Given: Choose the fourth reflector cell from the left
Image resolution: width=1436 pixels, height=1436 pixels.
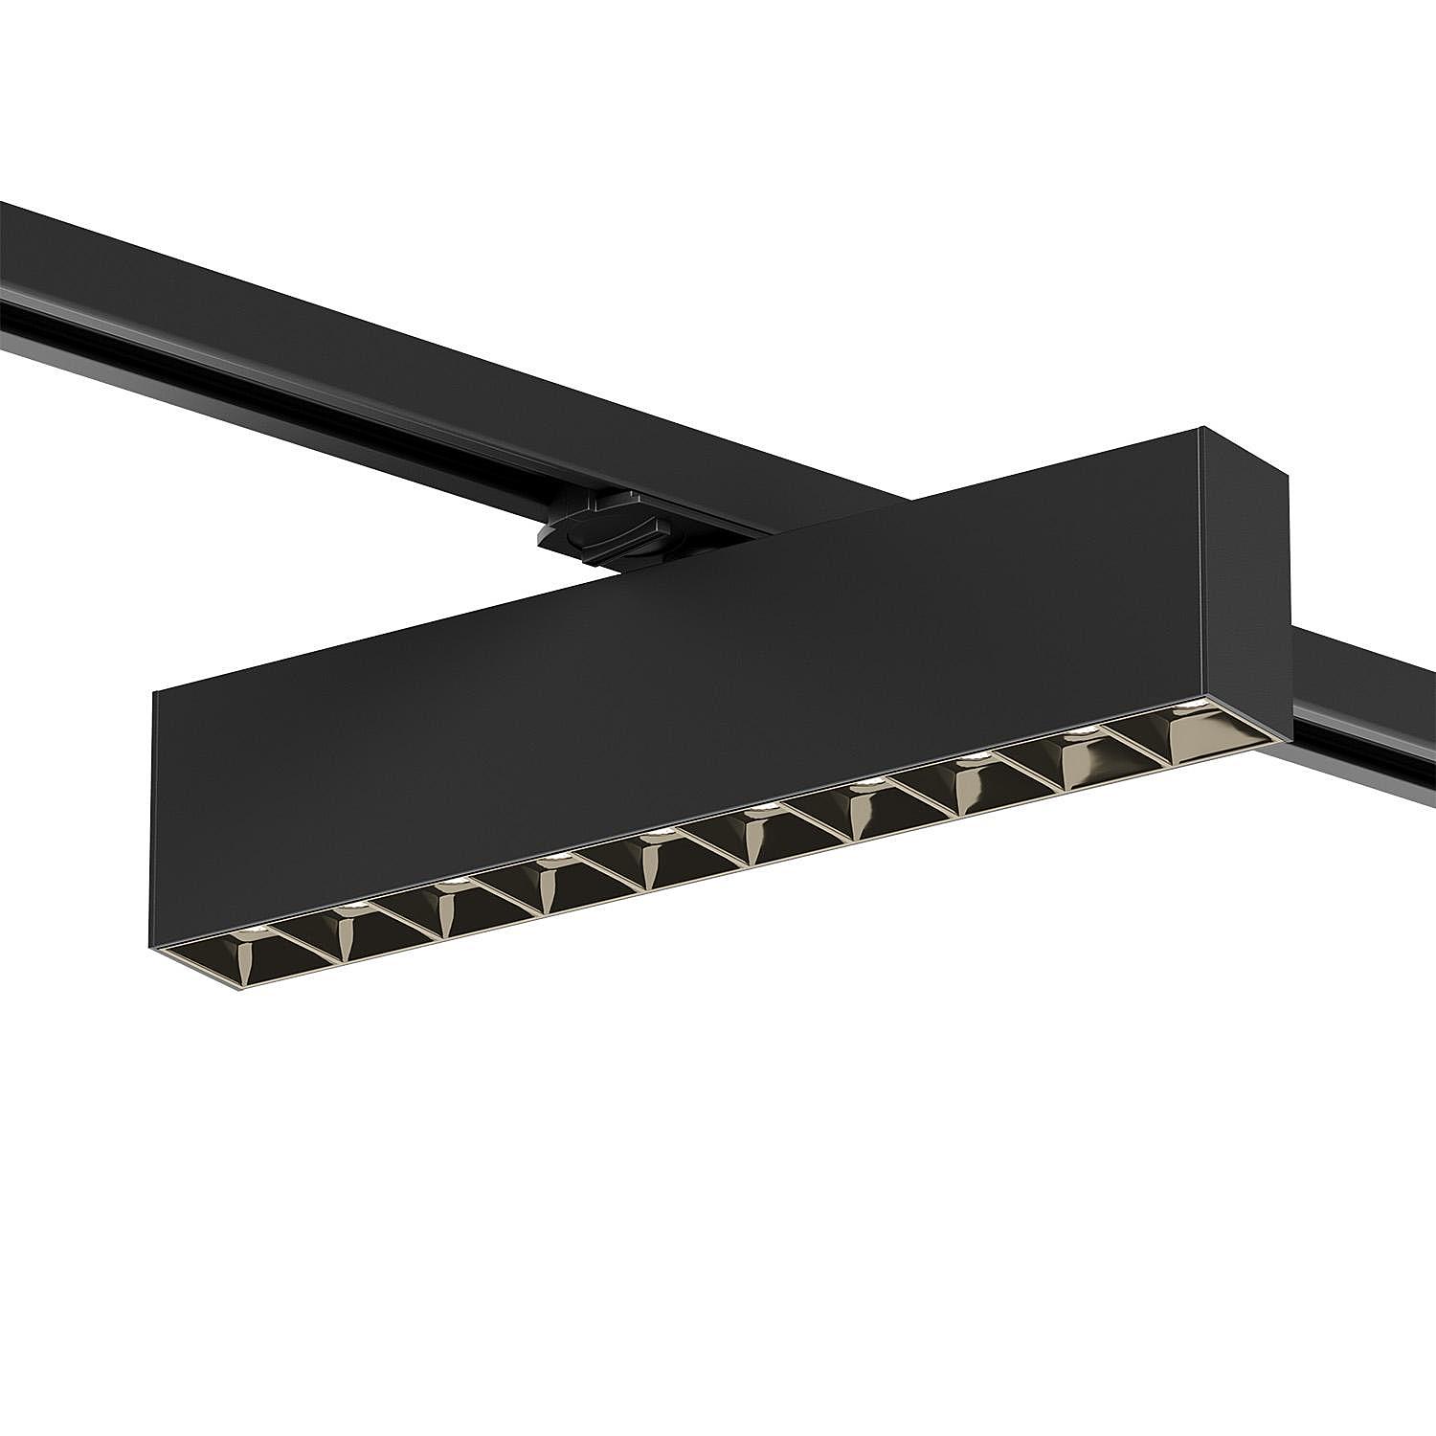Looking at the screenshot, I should click(x=551, y=877).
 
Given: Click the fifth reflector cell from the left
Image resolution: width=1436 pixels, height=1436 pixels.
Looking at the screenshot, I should click(x=657, y=853).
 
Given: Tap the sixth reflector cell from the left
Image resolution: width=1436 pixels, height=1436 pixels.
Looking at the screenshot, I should click(x=762, y=829).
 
